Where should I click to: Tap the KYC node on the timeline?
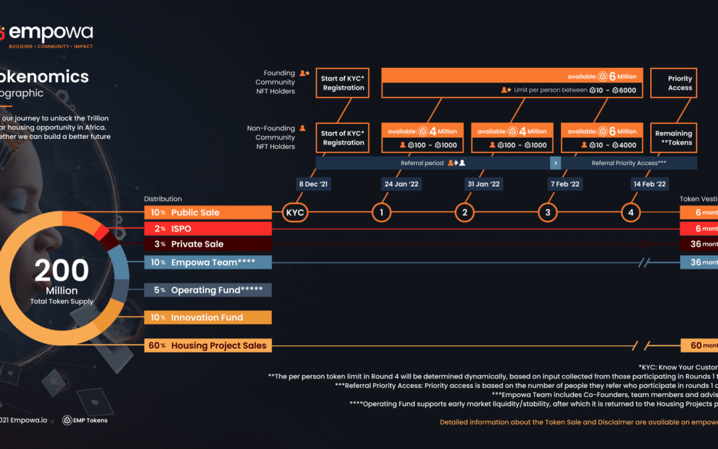pos(295,213)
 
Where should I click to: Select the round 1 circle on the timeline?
pos(382,213)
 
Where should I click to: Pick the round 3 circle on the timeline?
pos(548,213)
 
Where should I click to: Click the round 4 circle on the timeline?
pos(631,213)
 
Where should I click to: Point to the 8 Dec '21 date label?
pos(312,184)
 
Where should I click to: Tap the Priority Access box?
pos(673,83)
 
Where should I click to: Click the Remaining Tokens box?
pos(673,138)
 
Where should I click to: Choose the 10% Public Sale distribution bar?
pos(208,213)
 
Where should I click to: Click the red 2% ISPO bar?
pos(208,229)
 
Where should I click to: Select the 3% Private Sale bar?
pos(208,244)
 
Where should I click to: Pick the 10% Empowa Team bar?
pos(208,262)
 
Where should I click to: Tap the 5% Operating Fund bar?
pos(208,290)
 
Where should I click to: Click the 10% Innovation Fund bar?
pos(208,317)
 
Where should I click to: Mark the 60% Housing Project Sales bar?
pos(208,345)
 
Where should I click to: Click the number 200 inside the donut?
pos(61,271)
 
